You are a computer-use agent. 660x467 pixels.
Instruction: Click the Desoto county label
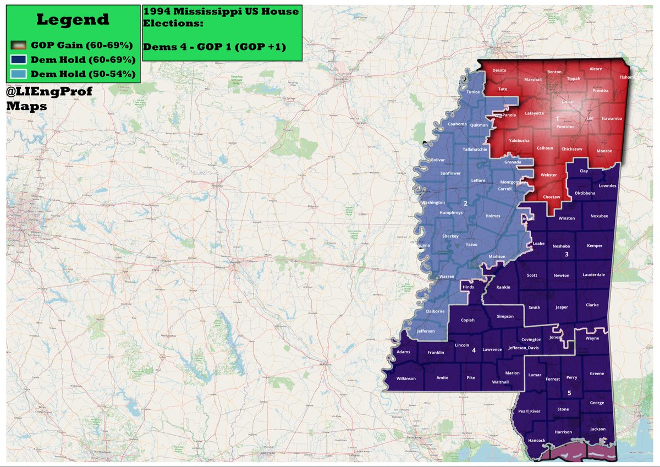tap(499, 70)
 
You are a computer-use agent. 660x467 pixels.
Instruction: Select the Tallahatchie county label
tap(475, 149)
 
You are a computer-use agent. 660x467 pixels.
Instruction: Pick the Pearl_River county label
tap(529, 411)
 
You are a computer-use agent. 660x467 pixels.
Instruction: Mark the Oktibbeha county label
tap(585, 193)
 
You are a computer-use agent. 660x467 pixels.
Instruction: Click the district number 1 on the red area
tap(557, 118)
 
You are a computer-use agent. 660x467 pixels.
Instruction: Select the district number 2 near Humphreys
tap(465, 204)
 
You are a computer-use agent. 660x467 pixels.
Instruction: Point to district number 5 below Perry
tap(569, 393)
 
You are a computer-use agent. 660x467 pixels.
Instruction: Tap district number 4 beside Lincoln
tap(474, 349)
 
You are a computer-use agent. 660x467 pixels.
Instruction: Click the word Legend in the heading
tap(73, 20)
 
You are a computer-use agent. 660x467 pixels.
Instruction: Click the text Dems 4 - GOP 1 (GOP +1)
tap(215, 47)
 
